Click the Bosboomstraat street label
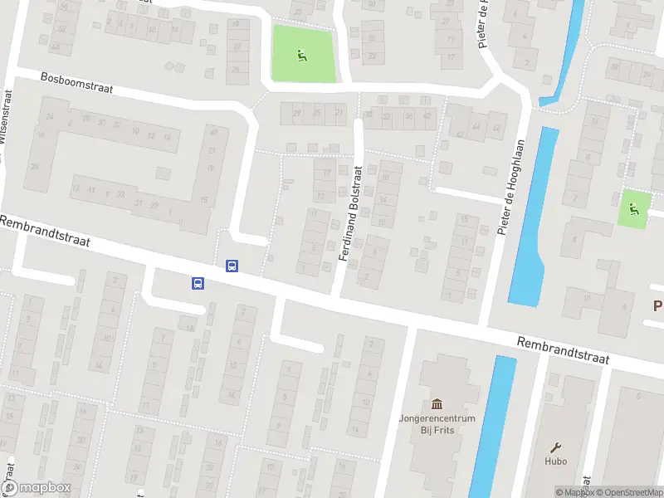[x=76, y=82]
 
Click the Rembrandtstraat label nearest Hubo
[x=562, y=350]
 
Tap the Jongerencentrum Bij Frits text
[x=437, y=424]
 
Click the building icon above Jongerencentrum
[x=437, y=403]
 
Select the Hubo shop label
[x=555, y=461]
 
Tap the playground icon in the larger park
[x=300, y=56]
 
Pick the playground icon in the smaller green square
[x=635, y=208]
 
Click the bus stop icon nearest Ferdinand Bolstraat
[x=232, y=266]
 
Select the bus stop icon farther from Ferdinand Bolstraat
[x=198, y=283]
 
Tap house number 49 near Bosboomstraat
[x=213, y=132]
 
